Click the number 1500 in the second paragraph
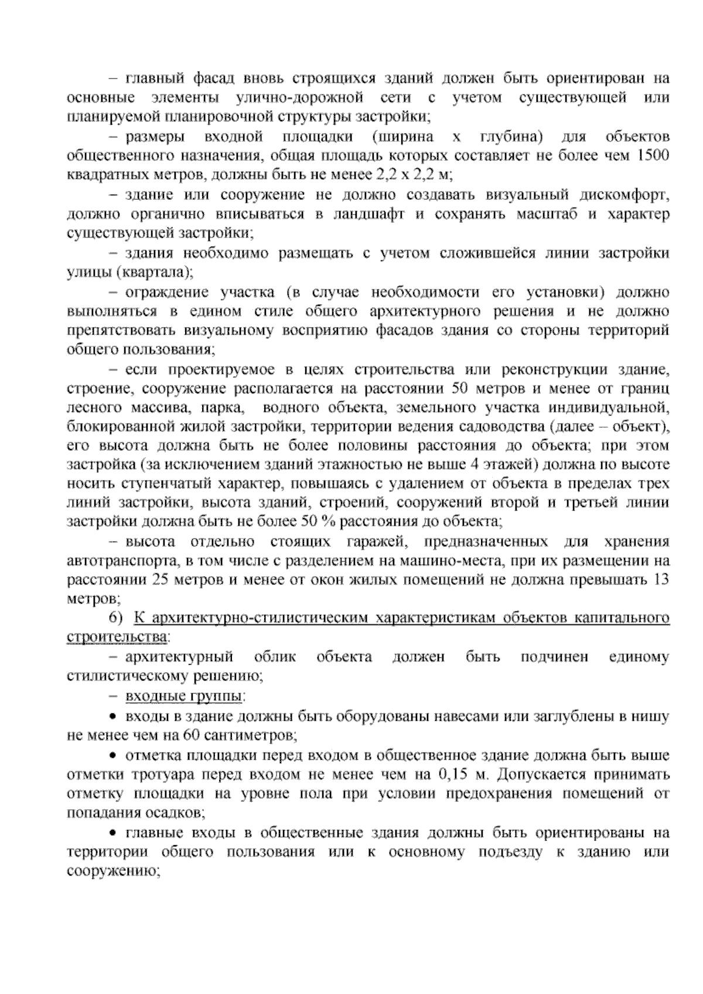coord(653,156)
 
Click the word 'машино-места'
coord(445,561)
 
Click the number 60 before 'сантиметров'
coord(191,735)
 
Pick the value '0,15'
coord(452,775)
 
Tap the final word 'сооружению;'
coord(114,871)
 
